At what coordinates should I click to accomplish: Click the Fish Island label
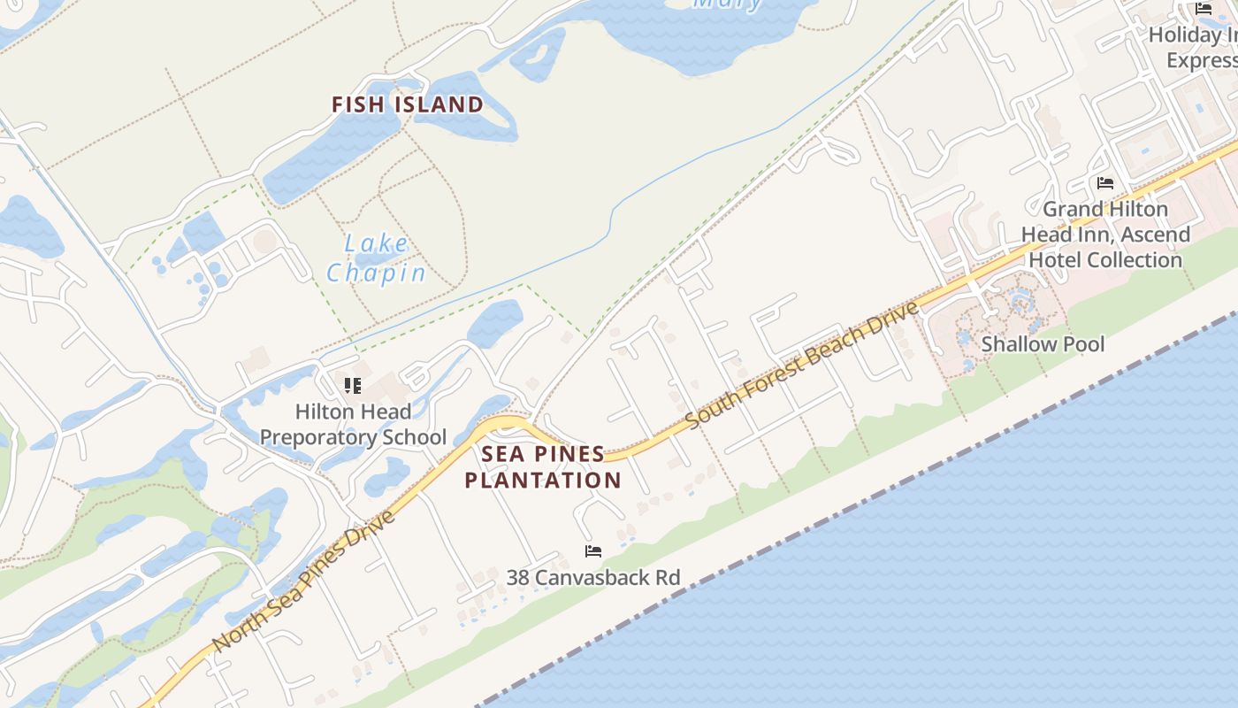pyautogui.click(x=408, y=104)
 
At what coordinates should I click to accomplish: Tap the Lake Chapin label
pyautogui.click(x=377, y=258)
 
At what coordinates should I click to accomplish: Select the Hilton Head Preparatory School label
pyautogui.click(x=353, y=424)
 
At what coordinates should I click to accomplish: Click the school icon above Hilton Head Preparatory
pyautogui.click(x=353, y=386)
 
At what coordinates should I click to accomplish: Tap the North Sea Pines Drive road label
pyautogui.click(x=304, y=580)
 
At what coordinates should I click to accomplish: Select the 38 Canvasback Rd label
pyautogui.click(x=593, y=578)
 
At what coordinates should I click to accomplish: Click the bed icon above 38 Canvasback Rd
pyautogui.click(x=593, y=551)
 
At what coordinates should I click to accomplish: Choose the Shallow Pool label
pyautogui.click(x=1043, y=344)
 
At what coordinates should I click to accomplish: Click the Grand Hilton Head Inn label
pyautogui.click(x=1105, y=235)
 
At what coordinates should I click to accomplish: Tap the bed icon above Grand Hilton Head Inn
pyautogui.click(x=1105, y=183)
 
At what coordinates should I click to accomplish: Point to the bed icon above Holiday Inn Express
pyautogui.click(x=1204, y=9)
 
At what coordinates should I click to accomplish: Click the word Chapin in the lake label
pyautogui.click(x=377, y=273)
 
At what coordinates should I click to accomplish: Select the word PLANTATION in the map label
pyautogui.click(x=543, y=481)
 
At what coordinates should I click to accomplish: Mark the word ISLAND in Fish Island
pyautogui.click(x=439, y=104)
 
